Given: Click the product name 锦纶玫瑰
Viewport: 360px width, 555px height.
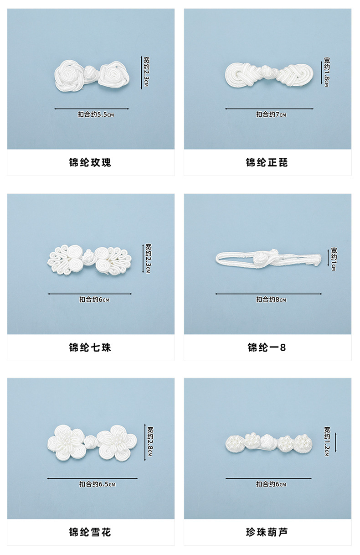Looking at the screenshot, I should tap(90, 163).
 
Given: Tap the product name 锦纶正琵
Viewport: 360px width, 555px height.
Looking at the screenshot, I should tap(267, 163).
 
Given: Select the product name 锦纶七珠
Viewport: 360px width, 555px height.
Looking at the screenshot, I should tap(90, 348).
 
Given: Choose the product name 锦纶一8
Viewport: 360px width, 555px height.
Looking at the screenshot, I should tap(267, 348).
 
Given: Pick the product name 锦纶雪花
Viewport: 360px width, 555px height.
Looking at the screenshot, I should tap(90, 532).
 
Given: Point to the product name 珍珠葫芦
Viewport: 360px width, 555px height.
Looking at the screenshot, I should tap(267, 532).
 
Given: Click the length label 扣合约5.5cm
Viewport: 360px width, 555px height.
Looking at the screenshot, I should tap(96, 115).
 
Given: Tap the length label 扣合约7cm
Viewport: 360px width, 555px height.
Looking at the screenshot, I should tap(271, 115).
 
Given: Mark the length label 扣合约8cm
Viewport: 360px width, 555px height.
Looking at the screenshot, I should tap(271, 300).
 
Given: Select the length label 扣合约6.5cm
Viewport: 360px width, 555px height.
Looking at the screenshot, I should tap(98, 484).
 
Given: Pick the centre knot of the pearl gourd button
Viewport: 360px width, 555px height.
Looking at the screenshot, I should tap(267, 441).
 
